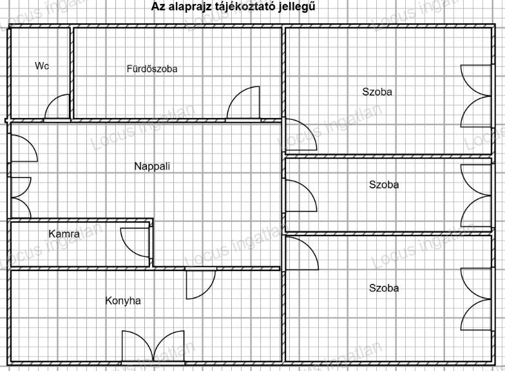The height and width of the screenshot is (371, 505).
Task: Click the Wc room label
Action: pos(42,66)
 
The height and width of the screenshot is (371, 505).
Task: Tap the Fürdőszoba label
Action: pos(152,68)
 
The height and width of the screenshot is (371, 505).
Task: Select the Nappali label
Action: pos(152,166)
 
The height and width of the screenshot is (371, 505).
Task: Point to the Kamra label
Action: pos(64,234)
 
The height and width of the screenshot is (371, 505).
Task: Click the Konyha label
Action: pos(123,301)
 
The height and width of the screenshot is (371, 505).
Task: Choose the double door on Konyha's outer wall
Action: pos(153,346)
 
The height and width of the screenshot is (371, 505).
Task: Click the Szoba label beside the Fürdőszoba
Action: pos(377,92)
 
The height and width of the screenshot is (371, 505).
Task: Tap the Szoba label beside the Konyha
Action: pos(384,288)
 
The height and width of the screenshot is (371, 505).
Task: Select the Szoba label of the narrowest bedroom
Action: pos(384,185)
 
